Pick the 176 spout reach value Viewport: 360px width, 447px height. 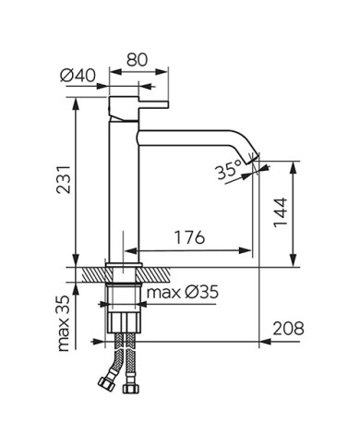[188, 238]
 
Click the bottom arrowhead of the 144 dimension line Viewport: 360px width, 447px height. [294, 261]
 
